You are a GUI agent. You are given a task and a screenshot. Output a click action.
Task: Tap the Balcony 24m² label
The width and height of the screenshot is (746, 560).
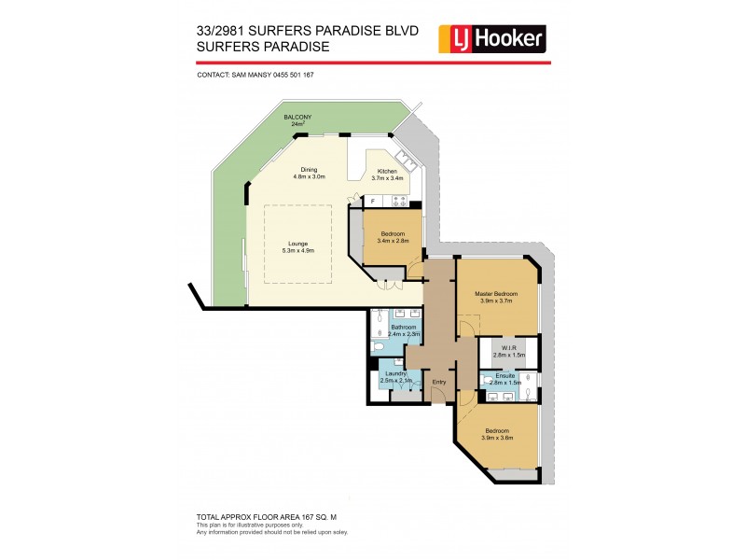[298, 119]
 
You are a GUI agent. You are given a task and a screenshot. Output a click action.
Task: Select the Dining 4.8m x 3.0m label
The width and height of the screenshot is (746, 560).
[309, 173]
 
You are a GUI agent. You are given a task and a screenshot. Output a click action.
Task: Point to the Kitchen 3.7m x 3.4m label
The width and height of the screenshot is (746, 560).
[385, 174]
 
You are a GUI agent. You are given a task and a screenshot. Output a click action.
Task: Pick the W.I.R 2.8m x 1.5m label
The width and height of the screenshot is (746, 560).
[509, 353]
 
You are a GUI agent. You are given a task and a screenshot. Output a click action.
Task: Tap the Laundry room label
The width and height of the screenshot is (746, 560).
[394, 377]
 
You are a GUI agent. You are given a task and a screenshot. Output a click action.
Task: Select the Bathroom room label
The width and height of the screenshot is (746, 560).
[404, 329]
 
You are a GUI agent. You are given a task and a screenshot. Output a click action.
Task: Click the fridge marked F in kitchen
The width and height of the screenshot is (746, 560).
[373, 202]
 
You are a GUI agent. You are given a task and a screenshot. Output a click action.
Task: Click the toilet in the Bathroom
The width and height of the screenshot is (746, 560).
[378, 346]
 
